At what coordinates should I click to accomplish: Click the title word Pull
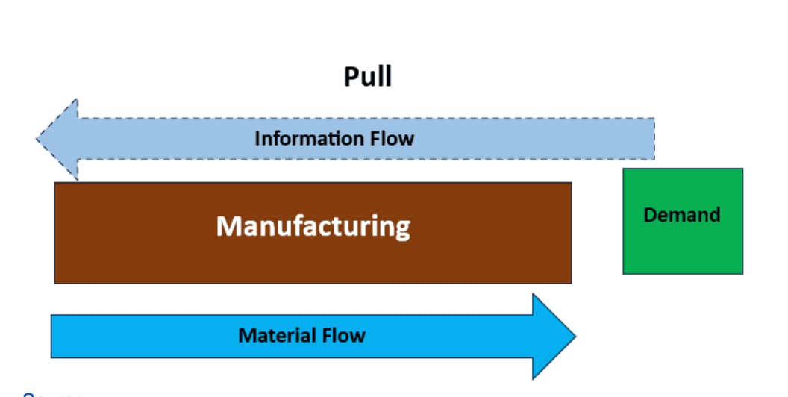coord(368,77)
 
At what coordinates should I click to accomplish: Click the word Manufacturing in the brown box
coord(313,226)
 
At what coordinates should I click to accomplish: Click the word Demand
coord(682,215)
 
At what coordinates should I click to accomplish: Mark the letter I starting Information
coord(257,139)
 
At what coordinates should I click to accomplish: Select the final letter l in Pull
coord(388,77)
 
